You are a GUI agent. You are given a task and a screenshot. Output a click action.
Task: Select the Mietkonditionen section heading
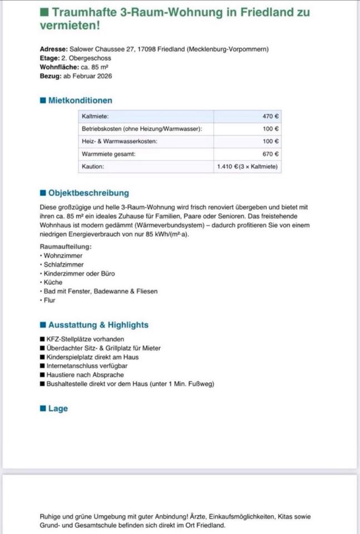pyautogui.click(x=80, y=101)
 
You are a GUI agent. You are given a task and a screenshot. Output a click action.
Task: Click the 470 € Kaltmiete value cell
pyautogui.click(x=270, y=117)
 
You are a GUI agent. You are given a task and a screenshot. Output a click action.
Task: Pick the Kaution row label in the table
pyautogui.click(x=93, y=166)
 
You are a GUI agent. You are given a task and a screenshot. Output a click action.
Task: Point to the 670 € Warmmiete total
pyautogui.click(x=270, y=154)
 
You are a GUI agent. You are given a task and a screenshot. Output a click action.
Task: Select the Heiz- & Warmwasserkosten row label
pyautogui.click(x=119, y=141)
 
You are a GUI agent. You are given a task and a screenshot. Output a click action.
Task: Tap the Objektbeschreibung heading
pyautogui.click(x=88, y=193)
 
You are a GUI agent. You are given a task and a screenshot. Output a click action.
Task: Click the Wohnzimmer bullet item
pyautogui.click(x=63, y=255)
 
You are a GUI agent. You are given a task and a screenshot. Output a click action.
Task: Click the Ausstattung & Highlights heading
pyautogui.click(x=98, y=325)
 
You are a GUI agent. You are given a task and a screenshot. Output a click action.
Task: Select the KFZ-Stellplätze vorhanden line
pyautogui.click(x=86, y=339)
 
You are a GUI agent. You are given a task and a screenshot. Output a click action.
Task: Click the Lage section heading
pyautogui.click(x=57, y=408)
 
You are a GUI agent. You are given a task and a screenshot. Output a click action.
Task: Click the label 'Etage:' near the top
pyautogui.click(x=50, y=58)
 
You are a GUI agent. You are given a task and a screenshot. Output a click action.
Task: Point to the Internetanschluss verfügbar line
pyautogui.click(x=88, y=366)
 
